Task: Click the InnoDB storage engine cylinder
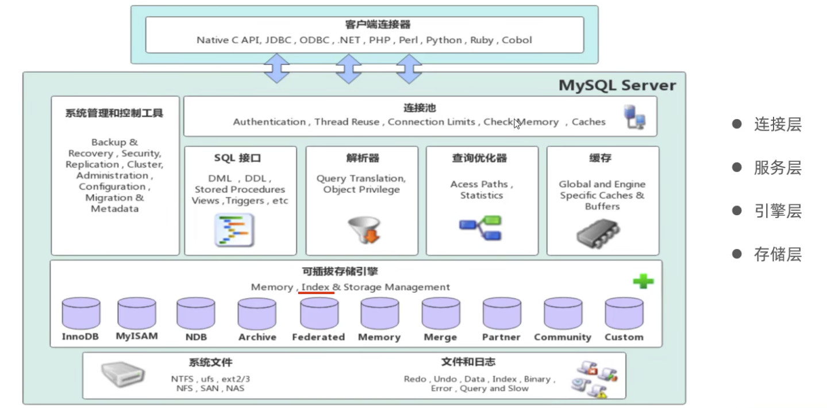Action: [x=80, y=314]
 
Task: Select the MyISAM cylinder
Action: [x=136, y=313]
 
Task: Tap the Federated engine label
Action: [x=318, y=337]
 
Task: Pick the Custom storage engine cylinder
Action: [x=624, y=314]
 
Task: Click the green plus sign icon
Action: [x=643, y=281]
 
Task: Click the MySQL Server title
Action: [x=617, y=86]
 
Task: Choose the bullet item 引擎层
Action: [x=778, y=211]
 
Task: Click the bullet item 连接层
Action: [x=778, y=125]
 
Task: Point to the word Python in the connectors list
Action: [x=444, y=40]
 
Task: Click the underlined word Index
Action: [x=316, y=287]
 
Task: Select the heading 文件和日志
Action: [x=468, y=362]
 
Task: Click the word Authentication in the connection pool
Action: [x=269, y=122]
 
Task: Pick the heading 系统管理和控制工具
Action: [x=114, y=113]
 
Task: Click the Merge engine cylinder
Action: [x=440, y=314]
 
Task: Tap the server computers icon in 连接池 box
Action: [x=634, y=116]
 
